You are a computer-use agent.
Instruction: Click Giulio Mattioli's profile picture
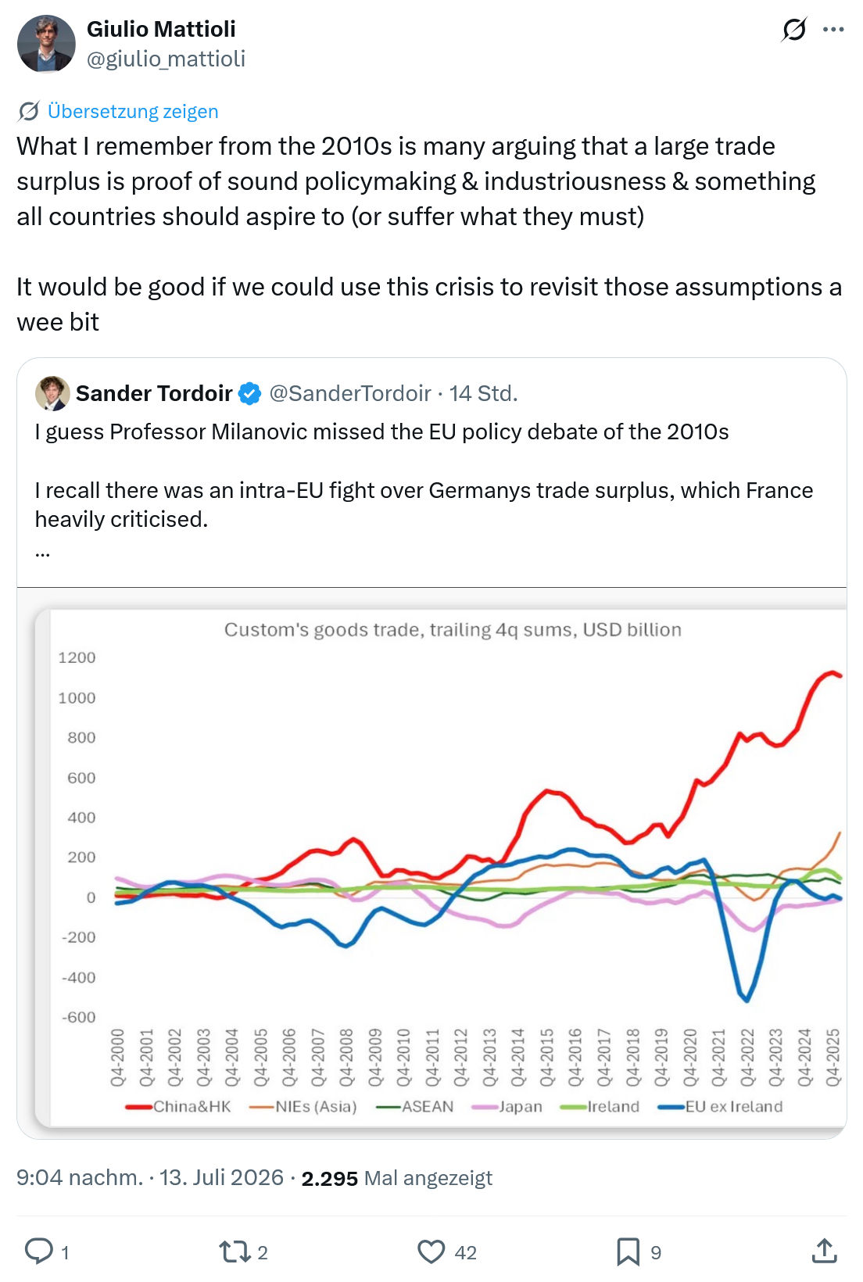(46, 44)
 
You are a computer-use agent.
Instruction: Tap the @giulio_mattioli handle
(166, 59)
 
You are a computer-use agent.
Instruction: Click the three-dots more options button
(833, 29)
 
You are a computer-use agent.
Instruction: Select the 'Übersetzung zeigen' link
(133, 111)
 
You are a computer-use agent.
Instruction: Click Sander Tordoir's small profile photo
(52, 393)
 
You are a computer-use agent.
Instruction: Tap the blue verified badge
(249, 394)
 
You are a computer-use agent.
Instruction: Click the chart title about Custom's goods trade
(453, 629)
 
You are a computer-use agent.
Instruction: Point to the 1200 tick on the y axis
(77, 657)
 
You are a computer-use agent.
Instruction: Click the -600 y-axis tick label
(79, 1017)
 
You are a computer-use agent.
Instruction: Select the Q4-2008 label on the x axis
(346, 1057)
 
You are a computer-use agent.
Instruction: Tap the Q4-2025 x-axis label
(833, 1057)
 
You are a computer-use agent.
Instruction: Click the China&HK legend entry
(178, 1106)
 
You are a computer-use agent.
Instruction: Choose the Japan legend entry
(507, 1106)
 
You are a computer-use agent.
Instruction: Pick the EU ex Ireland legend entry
(721, 1106)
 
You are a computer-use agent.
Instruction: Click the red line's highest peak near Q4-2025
(831, 672)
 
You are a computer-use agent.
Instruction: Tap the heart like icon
(431, 1252)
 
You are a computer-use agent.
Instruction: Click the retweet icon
(235, 1252)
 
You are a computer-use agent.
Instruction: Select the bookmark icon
(628, 1252)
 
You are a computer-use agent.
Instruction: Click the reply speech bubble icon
(39, 1251)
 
